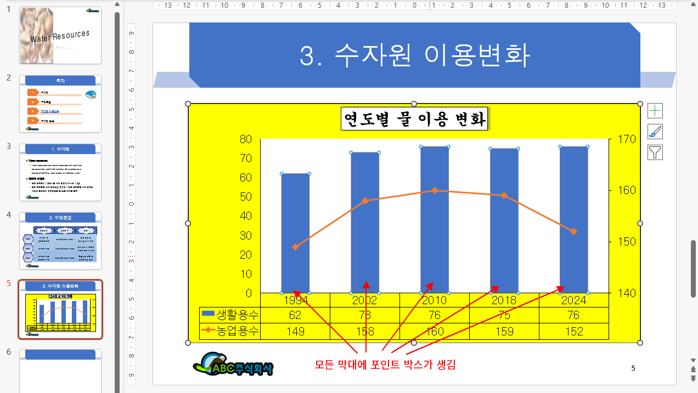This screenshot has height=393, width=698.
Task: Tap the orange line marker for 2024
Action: [574, 232]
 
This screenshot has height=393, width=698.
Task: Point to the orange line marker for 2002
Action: [365, 201]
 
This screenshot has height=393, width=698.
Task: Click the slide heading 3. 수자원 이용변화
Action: [414, 55]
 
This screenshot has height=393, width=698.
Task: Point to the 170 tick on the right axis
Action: [626, 139]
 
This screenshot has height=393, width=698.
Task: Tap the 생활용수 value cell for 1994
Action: [295, 315]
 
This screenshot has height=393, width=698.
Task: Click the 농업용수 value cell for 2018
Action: [504, 331]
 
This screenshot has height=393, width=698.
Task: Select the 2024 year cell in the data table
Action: [574, 300]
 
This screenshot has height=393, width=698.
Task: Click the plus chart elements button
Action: [655, 111]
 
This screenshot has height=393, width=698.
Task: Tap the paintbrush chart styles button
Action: [655, 132]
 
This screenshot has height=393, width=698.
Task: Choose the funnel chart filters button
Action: [655, 152]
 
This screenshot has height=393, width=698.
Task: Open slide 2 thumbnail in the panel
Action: [60, 104]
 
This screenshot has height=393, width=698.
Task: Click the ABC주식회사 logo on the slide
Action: [233, 364]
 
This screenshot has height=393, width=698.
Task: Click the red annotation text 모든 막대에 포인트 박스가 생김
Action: [385, 364]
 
